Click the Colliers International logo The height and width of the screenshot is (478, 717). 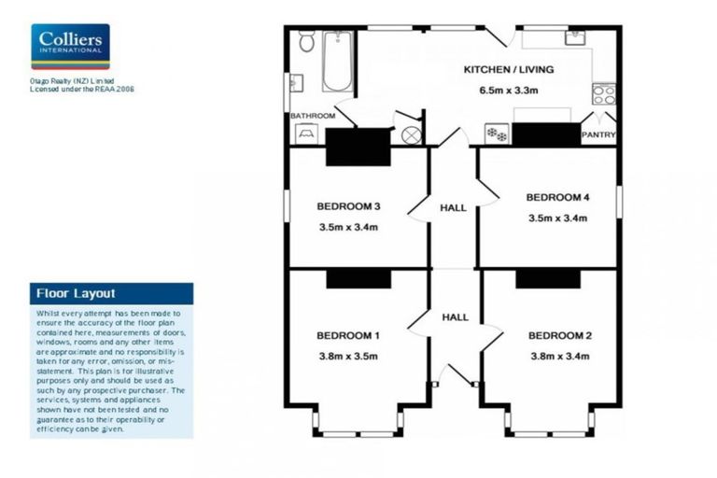[70, 47]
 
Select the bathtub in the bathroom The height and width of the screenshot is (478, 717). [337, 61]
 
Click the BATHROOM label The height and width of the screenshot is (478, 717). [312, 116]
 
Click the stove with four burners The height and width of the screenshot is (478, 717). [604, 93]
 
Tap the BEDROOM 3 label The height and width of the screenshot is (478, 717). [347, 206]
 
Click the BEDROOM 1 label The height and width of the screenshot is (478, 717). [347, 335]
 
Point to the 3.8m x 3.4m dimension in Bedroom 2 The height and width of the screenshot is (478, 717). [559, 356]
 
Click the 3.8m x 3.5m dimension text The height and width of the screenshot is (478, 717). [347, 356]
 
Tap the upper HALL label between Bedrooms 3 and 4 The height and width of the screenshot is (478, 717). [455, 208]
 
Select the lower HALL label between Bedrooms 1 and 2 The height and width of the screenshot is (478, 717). [455, 317]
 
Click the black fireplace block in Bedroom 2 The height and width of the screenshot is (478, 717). [541, 278]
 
